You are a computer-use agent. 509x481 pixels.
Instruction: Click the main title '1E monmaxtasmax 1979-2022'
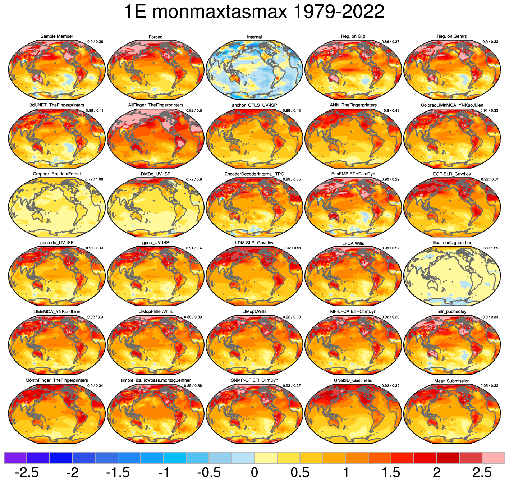(x=254, y=12)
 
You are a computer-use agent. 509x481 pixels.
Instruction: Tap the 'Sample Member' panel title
(x=57, y=36)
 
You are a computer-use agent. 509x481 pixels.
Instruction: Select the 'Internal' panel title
(x=254, y=37)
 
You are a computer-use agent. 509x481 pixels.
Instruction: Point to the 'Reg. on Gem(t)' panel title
(x=452, y=36)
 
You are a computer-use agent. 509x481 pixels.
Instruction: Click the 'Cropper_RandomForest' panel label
(x=57, y=174)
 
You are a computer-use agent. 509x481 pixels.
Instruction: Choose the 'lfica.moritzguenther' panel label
(x=452, y=243)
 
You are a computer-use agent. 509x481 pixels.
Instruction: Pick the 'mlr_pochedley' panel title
(x=452, y=311)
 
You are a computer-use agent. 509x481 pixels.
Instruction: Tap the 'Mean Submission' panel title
(x=452, y=381)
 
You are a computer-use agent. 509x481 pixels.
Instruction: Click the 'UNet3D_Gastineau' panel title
(x=353, y=380)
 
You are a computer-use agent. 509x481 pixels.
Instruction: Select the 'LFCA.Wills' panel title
(x=353, y=243)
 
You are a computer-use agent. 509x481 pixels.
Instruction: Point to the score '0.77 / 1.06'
(x=94, y=179)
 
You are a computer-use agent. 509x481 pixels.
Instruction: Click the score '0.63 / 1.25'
(x=489, y=248)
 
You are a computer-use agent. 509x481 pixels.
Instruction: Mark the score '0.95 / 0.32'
(x=489, y=386)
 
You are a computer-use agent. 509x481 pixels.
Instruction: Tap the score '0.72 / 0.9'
(x=194, y=179)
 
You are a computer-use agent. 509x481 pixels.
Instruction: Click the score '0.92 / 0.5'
(x=194, y=111)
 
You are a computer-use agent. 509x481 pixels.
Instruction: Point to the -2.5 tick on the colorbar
(x=27, y=472)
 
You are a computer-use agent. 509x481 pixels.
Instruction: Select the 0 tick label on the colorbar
(x=254, y=472)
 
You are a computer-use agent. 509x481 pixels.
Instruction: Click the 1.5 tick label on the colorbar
(x=391, y=472)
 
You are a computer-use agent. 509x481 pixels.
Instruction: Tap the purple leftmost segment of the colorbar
(x=15, y=458)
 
